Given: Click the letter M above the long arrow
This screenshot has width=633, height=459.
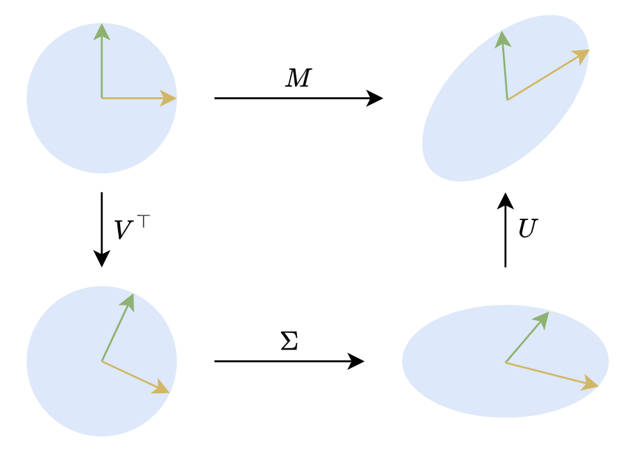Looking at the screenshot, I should click(x=298, y=79).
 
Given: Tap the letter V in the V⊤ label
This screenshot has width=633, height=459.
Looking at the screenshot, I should click(x=123, y=230).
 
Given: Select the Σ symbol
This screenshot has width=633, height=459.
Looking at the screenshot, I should click(x=289, y=342).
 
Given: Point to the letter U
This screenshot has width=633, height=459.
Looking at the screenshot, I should click(x=528, y=229).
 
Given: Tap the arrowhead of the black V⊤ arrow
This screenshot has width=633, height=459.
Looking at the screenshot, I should click(x=102, y=260).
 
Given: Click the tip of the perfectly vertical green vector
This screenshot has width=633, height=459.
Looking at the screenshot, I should click(x=101, y=25).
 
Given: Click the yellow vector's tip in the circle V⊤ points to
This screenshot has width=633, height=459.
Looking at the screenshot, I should click(x=168, y=391).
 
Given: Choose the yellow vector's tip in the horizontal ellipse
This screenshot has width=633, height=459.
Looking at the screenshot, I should click(x=597, y=387).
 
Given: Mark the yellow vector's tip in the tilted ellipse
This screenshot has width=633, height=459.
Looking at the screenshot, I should click(x=587, y=51).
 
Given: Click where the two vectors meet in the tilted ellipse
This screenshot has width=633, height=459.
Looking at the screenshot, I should click(x=508, y=100).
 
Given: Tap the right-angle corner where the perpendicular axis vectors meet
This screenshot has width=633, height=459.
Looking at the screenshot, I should click(x=102, y=98).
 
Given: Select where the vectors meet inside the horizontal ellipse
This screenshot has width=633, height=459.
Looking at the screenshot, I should click(x=506, y=363).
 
